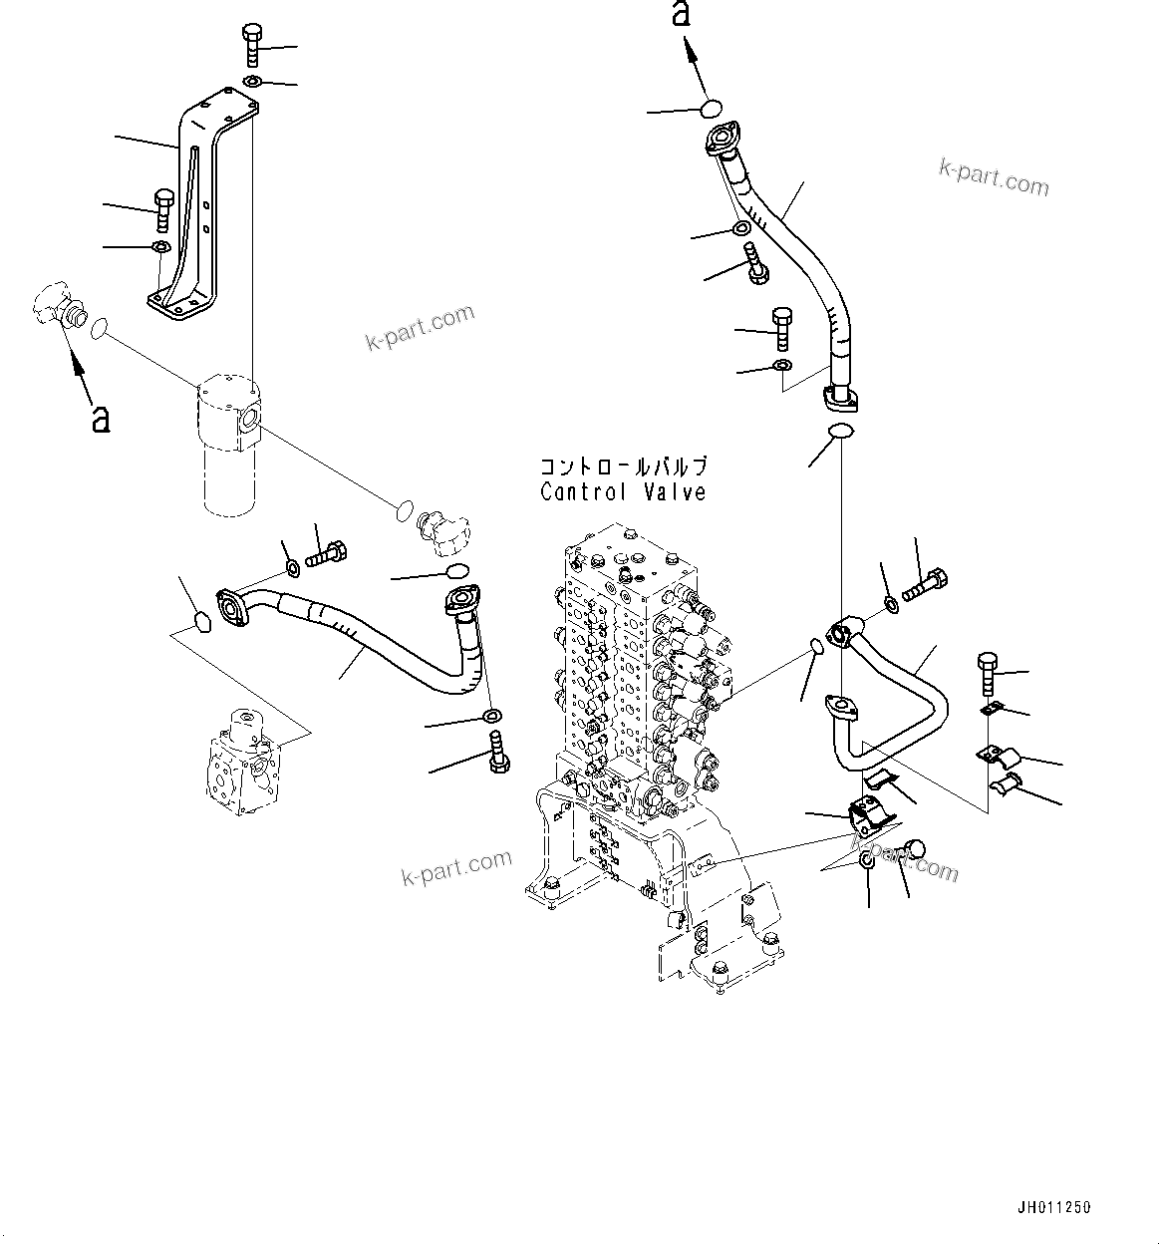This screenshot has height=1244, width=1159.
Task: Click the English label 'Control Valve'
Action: [x=623, y=491]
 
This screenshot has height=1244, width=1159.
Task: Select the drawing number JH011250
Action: [x=1054, y=1207]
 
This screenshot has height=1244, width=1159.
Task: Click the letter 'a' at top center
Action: [x=681, y=14]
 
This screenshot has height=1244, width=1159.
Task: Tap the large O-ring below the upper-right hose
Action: [x=840, y=431]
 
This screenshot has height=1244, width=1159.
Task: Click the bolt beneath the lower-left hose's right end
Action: [x=499, y=750]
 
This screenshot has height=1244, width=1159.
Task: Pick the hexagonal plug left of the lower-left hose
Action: [x=200, y=621]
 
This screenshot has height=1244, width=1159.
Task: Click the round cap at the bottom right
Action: [x=914, y=848]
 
